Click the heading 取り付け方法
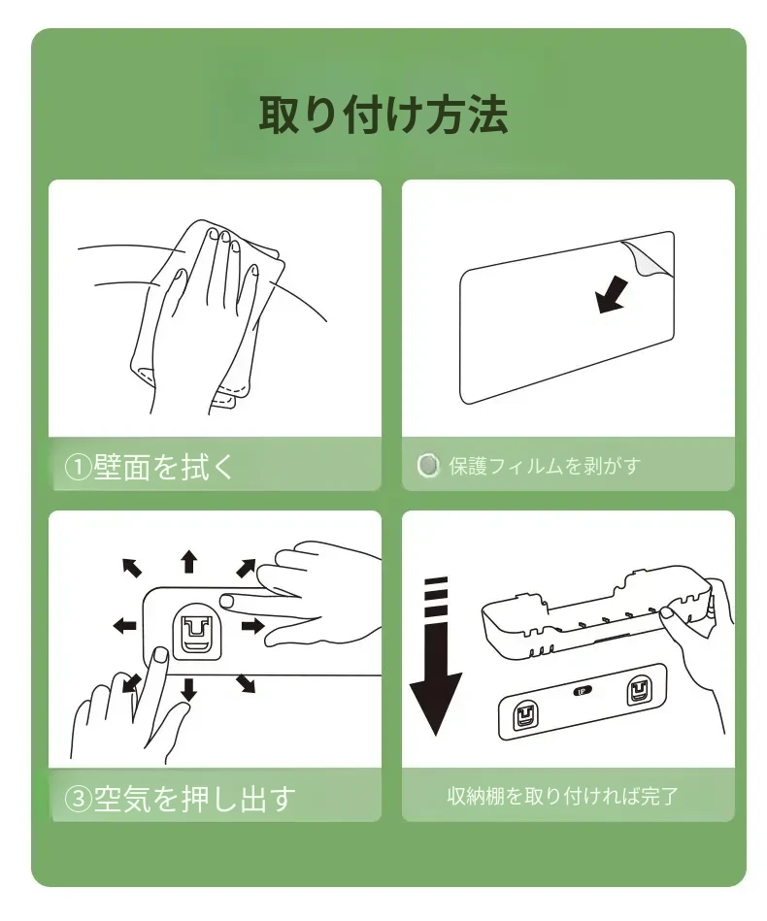coord(383,115)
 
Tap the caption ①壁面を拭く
coord(150,467)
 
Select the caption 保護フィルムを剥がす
coord(545,466)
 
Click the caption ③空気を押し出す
coord(180,799)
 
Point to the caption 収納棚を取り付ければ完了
coord(562,796)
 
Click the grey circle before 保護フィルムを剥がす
coord(428,465)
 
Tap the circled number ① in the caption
coord(78,468)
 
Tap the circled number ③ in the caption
coord(78,799)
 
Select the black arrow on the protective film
coord(612,294)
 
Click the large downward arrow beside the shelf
coord(436,656)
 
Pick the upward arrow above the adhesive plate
coord(188,562)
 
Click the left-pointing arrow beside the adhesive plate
coord(124,626)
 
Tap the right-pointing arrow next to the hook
coord(252,626)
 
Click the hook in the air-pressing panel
coord(196,632)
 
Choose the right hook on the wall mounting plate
coord(639,691)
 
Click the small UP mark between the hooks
coord(582,691)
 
